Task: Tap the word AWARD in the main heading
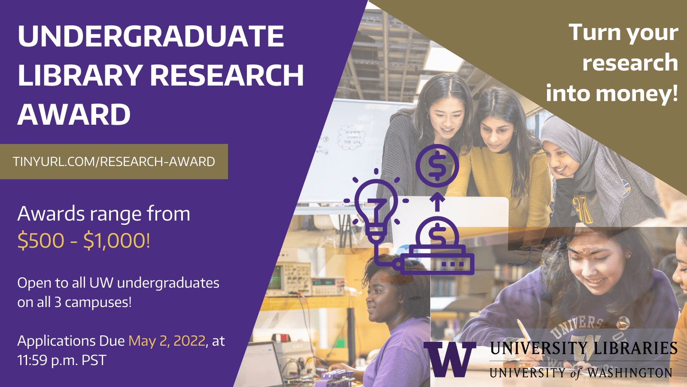pos(74,114)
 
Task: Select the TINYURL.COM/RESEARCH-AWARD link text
pos(114,162)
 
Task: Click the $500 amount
pos(41,240)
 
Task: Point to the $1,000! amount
pos(117,240)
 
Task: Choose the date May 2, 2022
pos(167,341)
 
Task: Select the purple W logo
pos(450,359)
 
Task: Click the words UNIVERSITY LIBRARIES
pos(584,348)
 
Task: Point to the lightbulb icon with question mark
pos(376,209)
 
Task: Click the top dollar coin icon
pos(437,166)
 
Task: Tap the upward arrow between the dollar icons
pos(438,202)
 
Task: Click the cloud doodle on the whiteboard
pos(352,137)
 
